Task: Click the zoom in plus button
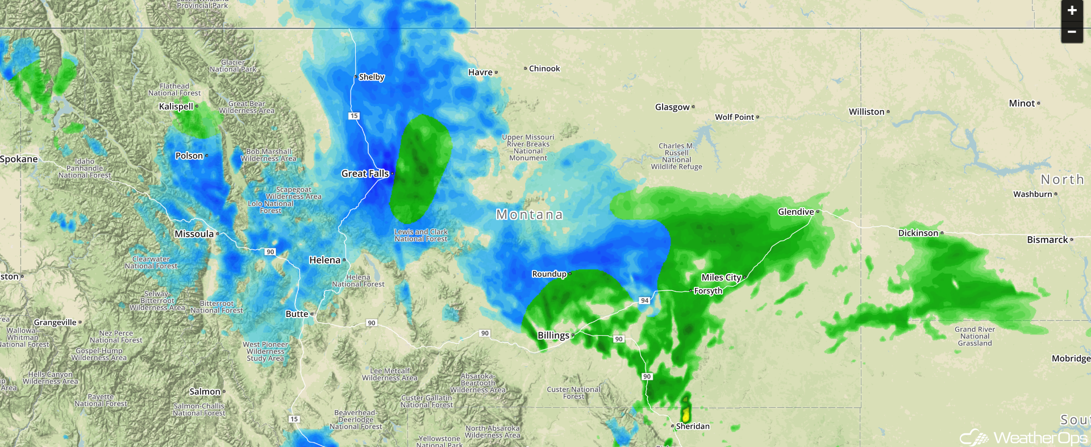[x=1072, y=10]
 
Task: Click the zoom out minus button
[x=1072, y=32]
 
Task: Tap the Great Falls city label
[x=365, y=174]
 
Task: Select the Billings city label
[x=553, y=335]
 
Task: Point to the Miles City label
[x=721, y=277]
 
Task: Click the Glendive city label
[x=796, y=212]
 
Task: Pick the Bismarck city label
[x=1047, y=240]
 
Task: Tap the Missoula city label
[x=194, y=234]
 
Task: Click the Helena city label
[x=324, y=260]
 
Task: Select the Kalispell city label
[x=176, y=106]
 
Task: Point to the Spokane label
[x=19, y=159]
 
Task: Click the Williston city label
[x=867, y=112]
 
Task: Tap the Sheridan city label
[x=693, y=426]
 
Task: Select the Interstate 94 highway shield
[x=644, y=300]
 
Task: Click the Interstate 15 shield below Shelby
[x=354, y=116]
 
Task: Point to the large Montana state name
[x=529, y=215]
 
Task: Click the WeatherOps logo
[x=1023, y=437]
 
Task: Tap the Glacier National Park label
[x=233, y=66]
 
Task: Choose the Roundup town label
[x=549, y=274]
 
